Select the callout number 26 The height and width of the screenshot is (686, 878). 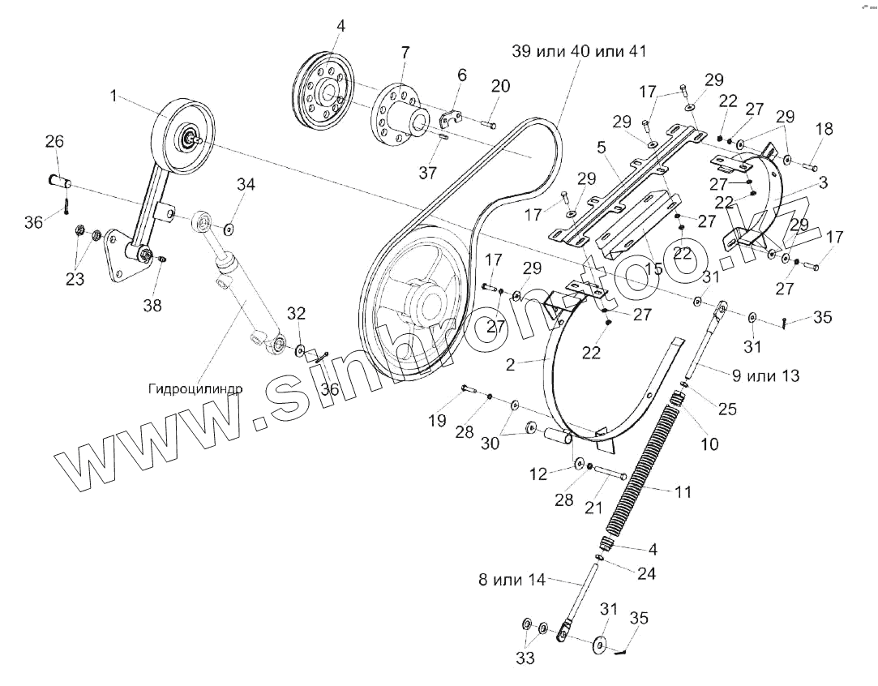point(54,142)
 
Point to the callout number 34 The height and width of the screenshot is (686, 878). point(246,186)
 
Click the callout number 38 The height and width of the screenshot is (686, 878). point(152,306)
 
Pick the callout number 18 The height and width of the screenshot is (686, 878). point(824,128)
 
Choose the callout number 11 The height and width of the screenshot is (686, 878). point(683,491)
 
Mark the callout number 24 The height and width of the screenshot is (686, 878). point(645,573)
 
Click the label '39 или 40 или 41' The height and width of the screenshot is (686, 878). point(579,50)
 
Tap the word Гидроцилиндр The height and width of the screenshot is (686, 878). point(195,388)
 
